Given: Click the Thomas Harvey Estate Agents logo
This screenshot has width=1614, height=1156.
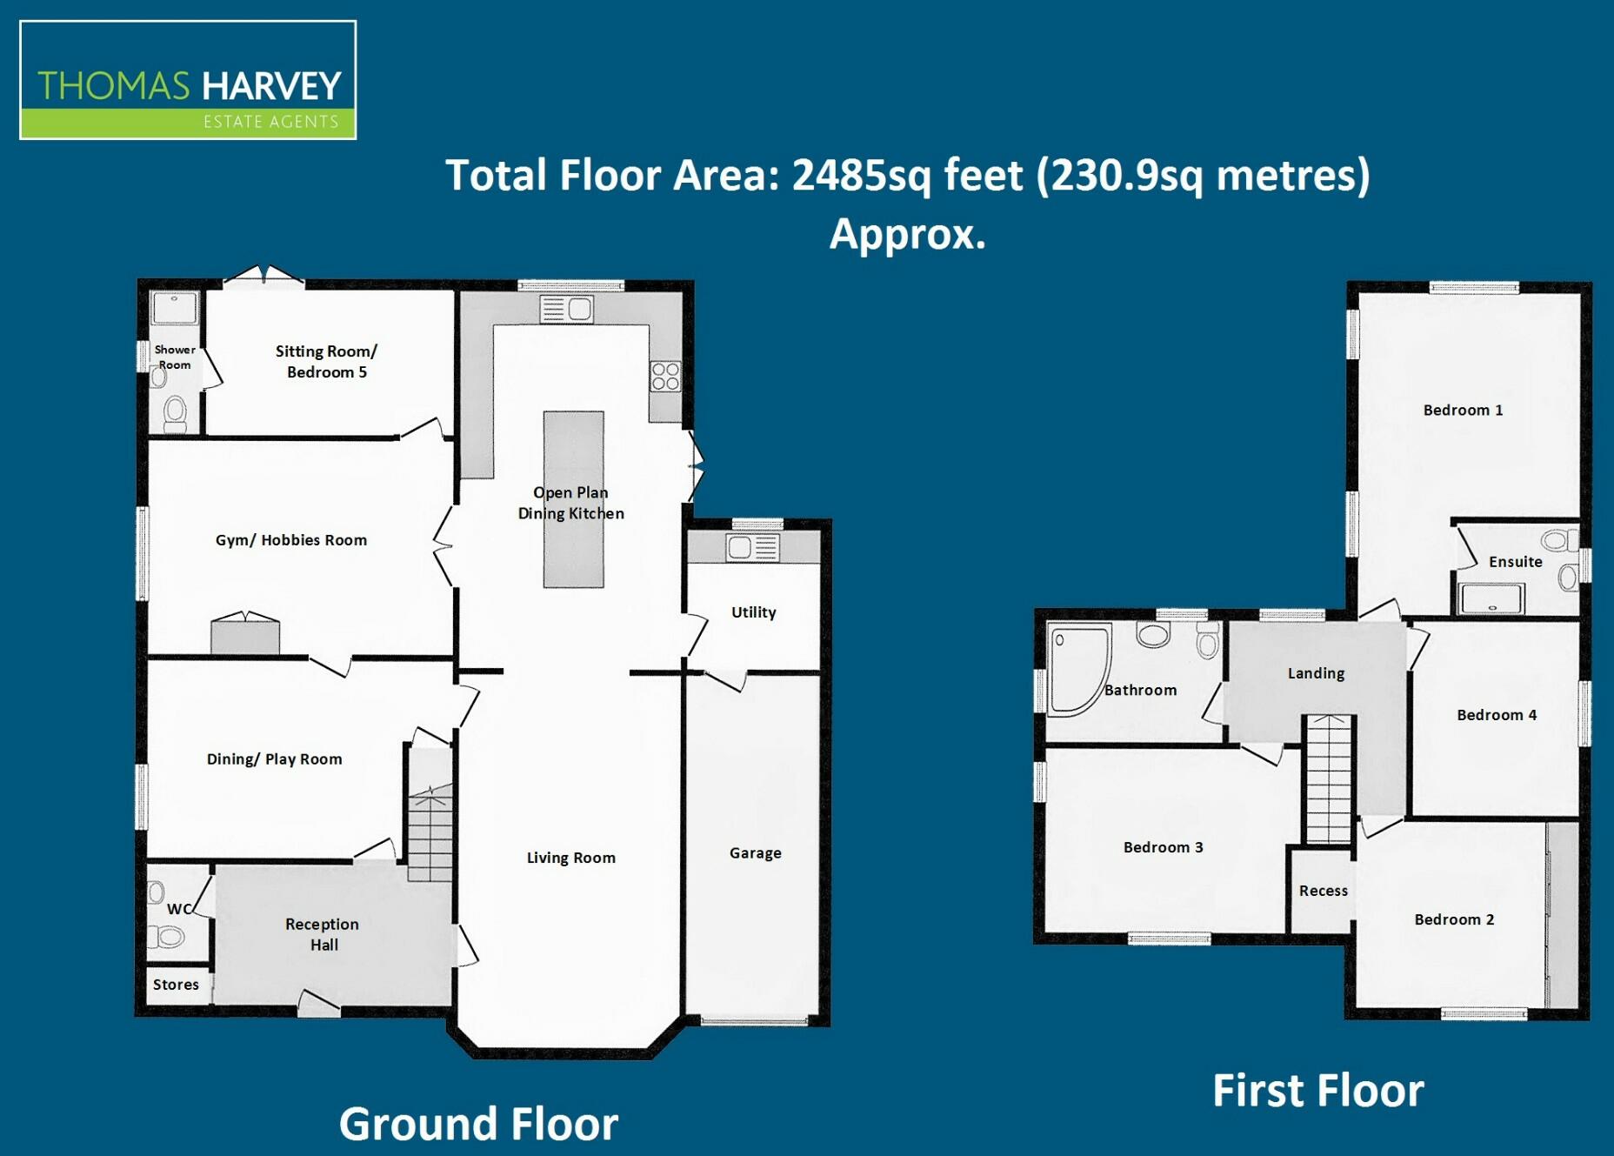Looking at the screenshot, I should click(x=188, y=80).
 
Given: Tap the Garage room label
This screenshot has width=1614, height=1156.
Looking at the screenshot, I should click(x=755, y=853).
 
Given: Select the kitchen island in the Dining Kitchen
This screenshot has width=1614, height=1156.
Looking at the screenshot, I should click(x=573, y=499).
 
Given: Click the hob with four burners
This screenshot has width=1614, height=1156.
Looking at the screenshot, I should click(x=665, y=377).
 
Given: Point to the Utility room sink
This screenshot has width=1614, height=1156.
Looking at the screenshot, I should click(x=752, y=547).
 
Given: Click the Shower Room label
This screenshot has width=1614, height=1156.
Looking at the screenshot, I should click(x=174, y=357).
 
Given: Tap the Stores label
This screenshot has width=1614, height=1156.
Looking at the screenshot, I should click(x=176, y=985).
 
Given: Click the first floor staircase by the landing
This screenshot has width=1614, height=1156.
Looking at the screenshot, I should click(x=1329, y=778).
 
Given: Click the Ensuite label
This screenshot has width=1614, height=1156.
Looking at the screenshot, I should click(x=1515, y=562).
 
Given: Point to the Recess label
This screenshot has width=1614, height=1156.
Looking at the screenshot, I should click(x=1323, y=891).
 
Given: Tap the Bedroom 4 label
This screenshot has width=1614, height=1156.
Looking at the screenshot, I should click(x=1496, y=715).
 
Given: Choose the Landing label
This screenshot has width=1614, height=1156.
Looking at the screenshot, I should click(x=1315, y=673).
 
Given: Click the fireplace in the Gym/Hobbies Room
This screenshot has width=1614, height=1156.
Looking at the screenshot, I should click(x=245, y=633).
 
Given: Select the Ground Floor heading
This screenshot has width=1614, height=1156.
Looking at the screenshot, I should click(x=478, y=1124).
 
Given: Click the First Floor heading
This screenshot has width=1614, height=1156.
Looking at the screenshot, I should click(x=1317, y=1091).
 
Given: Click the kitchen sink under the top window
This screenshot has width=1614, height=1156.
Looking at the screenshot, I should click(x=566, y=309).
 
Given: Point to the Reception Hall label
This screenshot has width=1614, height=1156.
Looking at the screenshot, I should click(x=322, y=934).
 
